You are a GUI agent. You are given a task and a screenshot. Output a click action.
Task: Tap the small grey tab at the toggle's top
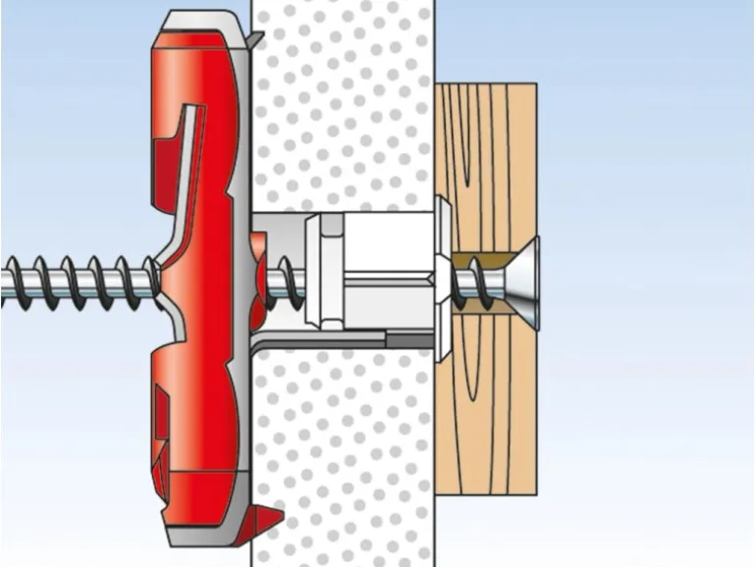(254, 38)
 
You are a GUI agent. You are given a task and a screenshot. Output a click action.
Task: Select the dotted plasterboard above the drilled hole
(344, 108)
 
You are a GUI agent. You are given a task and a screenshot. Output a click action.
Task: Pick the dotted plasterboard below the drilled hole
(344, 451)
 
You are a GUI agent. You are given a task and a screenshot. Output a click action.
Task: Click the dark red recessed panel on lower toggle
(161, 412)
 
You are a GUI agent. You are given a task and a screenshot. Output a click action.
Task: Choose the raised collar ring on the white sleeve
(314, 270)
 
